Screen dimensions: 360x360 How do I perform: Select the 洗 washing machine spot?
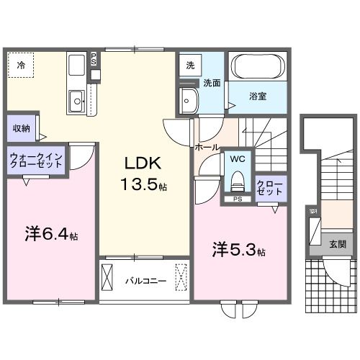point(190,66)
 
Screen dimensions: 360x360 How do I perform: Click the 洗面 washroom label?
point(211,83)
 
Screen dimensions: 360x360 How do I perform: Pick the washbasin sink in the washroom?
point(190,99)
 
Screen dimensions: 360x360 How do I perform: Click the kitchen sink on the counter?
point(76,102)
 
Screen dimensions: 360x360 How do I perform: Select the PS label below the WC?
point(237,199)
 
